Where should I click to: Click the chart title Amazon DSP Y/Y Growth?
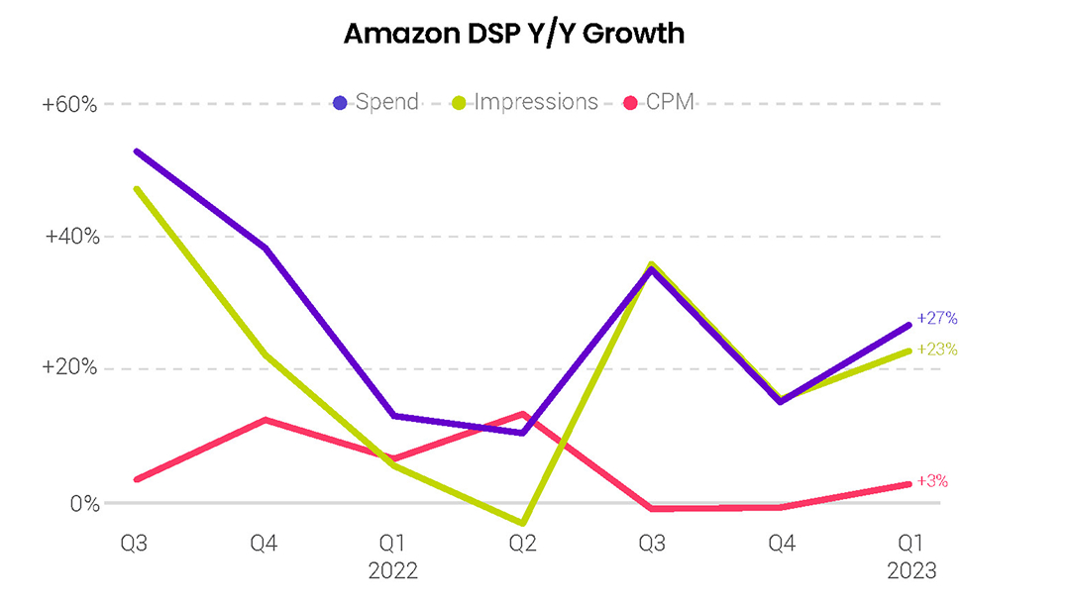(513, 34)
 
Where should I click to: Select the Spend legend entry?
(376, 102)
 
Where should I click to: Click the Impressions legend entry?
(526, 102)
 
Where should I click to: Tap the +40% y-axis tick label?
(69, 237)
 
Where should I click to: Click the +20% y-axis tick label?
(69, 368)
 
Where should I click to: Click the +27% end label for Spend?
(936, 319)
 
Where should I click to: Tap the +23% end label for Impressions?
(936, 350)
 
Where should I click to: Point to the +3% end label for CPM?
(931, 481)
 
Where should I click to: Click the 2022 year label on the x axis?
(392, 571)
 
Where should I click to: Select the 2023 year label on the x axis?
(911, 571)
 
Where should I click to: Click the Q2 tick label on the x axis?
(523, 544)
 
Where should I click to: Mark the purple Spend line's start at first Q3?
(136, 151)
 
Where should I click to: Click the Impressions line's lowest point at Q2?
(523, 523)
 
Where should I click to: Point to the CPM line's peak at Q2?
(522, 414)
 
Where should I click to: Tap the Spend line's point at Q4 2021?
(265, 248)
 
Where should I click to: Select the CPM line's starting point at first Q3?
(136, 479)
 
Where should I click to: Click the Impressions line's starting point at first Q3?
(136, 188)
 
